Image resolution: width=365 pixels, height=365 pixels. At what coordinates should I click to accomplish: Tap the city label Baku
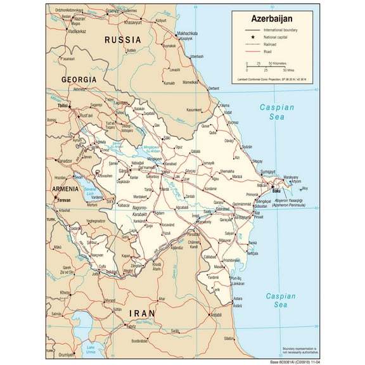[278, 190]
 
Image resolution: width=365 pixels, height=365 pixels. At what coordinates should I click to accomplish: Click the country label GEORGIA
[79, 79]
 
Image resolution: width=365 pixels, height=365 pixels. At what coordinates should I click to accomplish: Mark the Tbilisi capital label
[61, 106]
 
